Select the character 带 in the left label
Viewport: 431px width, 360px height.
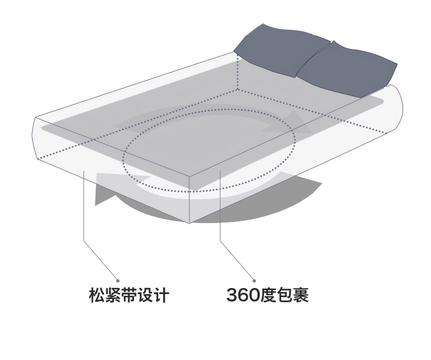click(x=129, y=296)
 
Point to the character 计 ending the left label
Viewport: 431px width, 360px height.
click(x=161, y=296)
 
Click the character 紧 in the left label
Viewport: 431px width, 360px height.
click(x=113, y=296)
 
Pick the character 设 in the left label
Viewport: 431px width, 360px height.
click(x=145, y=296)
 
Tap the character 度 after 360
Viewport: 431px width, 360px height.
click(x=268, y=295)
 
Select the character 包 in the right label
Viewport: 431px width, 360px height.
click(x=284, y=295)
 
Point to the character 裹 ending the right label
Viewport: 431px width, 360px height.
click(x=301, y=295)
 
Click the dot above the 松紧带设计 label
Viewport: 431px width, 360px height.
click(x=118, y=280)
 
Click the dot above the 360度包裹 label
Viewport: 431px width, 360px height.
click(x=254, y=280)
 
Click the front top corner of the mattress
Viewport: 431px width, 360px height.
click(x=189, y=177)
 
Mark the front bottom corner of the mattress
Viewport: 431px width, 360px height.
click(x=189, y=223)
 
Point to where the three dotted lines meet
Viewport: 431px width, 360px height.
click(x=237, y=89)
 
